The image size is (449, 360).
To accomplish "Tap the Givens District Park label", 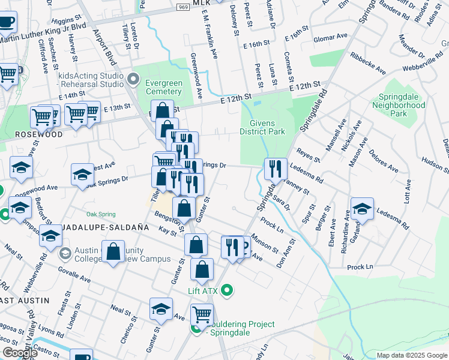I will pyautogui.click(x=261, y=127).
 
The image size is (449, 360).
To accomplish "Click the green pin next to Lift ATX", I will pyautogui.click(x=226, y=291).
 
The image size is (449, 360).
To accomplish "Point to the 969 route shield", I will pyautogui.click(x=183, y=5).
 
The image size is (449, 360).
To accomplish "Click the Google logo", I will pyautogui.click(x=20, y=352).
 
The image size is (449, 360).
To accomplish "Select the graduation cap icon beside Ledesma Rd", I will pyautogui.click(x=362, y=209).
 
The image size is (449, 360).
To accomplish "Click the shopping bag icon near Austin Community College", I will pyautogui.click(x=113, y=253).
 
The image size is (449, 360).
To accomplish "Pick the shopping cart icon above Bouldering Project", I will pyautogui.click(x=202, y=315).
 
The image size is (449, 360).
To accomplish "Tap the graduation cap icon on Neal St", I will pyautogui.click(x=161, y=310).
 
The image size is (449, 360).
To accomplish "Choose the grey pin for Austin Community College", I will pyautogui.click(x=64, y=254).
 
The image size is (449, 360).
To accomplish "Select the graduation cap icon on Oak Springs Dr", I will pyautogui.click(x=82, y=176).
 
